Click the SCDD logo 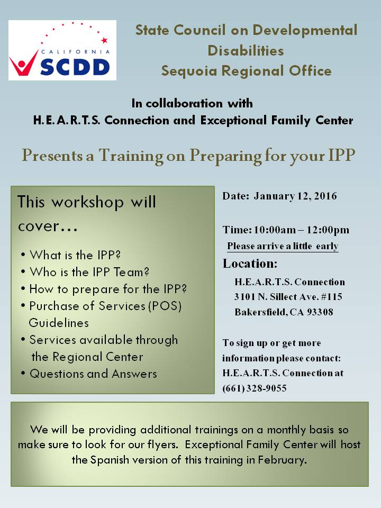tap(62, 50)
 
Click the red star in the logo tap(104, 40)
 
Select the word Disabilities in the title tap(246, 50)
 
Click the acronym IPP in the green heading tap(339, 155)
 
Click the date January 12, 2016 tap(295, 196)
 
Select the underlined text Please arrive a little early tap(283, 246)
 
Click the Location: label tap(250, 264)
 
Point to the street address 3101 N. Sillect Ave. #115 tap(288, 297)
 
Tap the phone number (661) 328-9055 tap(255, 388)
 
